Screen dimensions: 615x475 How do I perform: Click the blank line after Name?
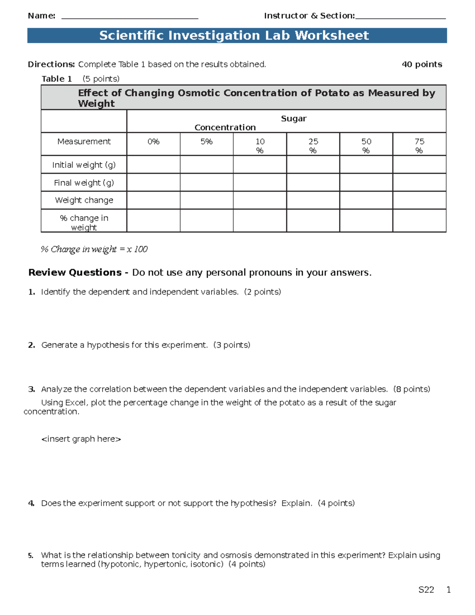[130, 17]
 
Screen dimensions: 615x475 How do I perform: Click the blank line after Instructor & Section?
[400, 17]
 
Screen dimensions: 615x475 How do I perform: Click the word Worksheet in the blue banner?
[332, 36]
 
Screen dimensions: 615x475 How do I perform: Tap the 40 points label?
[422, 65]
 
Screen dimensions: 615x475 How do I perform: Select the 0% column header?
[153, 142]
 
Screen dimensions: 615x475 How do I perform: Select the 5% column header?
[207, 142]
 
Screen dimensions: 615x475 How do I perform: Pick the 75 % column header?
[419, 146]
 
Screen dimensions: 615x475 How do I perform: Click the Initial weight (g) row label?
[84, 165]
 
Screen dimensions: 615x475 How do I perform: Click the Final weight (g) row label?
[84, 183]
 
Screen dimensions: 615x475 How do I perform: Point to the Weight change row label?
[84, 200]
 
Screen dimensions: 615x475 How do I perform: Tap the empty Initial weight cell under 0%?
[153, 165]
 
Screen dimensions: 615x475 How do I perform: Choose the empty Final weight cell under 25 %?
[313, 183]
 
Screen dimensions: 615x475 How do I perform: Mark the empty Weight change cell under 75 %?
[419, 200]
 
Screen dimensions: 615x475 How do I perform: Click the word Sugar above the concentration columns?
[294, 119]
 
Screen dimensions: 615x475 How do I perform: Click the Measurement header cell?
[84, 142]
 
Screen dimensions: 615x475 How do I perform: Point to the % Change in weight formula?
[94, 249]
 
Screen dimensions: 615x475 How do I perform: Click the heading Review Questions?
[75, 273]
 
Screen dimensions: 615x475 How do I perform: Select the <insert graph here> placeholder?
[81, 439]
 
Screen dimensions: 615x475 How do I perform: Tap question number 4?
[31, 503]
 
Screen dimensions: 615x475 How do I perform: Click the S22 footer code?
[426, 590]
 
